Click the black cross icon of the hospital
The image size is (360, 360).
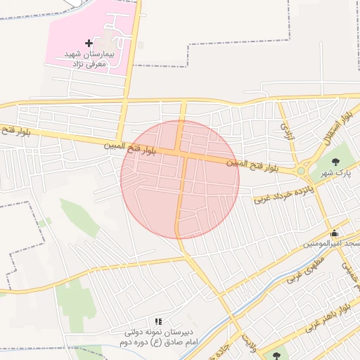click(88, 43)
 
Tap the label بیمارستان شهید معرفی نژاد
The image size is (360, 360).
click(89, 58)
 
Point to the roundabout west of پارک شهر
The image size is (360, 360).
click(301, 170)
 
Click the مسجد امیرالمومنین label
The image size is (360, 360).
click(331, 244)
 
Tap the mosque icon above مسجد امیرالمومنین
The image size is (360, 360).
click(333, 233)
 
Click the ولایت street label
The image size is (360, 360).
click(247, 343)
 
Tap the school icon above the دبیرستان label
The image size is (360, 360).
click(157, 321)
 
